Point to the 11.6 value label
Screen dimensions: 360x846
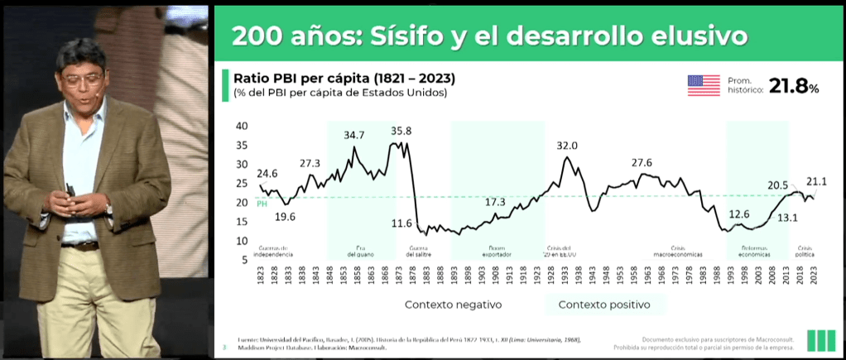point(401,223)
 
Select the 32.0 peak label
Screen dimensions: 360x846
point(567,146)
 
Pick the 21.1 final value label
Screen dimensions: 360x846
point(818,181)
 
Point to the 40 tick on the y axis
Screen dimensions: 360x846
point(242,126)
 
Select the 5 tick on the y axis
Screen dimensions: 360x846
point(244,260)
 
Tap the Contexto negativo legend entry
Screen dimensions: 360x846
point(453,305)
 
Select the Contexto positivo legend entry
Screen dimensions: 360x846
point(603,305)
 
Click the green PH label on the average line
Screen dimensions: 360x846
point(262,204)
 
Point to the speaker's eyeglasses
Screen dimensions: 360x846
point(81,81)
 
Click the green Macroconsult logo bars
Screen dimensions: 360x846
point(820,339)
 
